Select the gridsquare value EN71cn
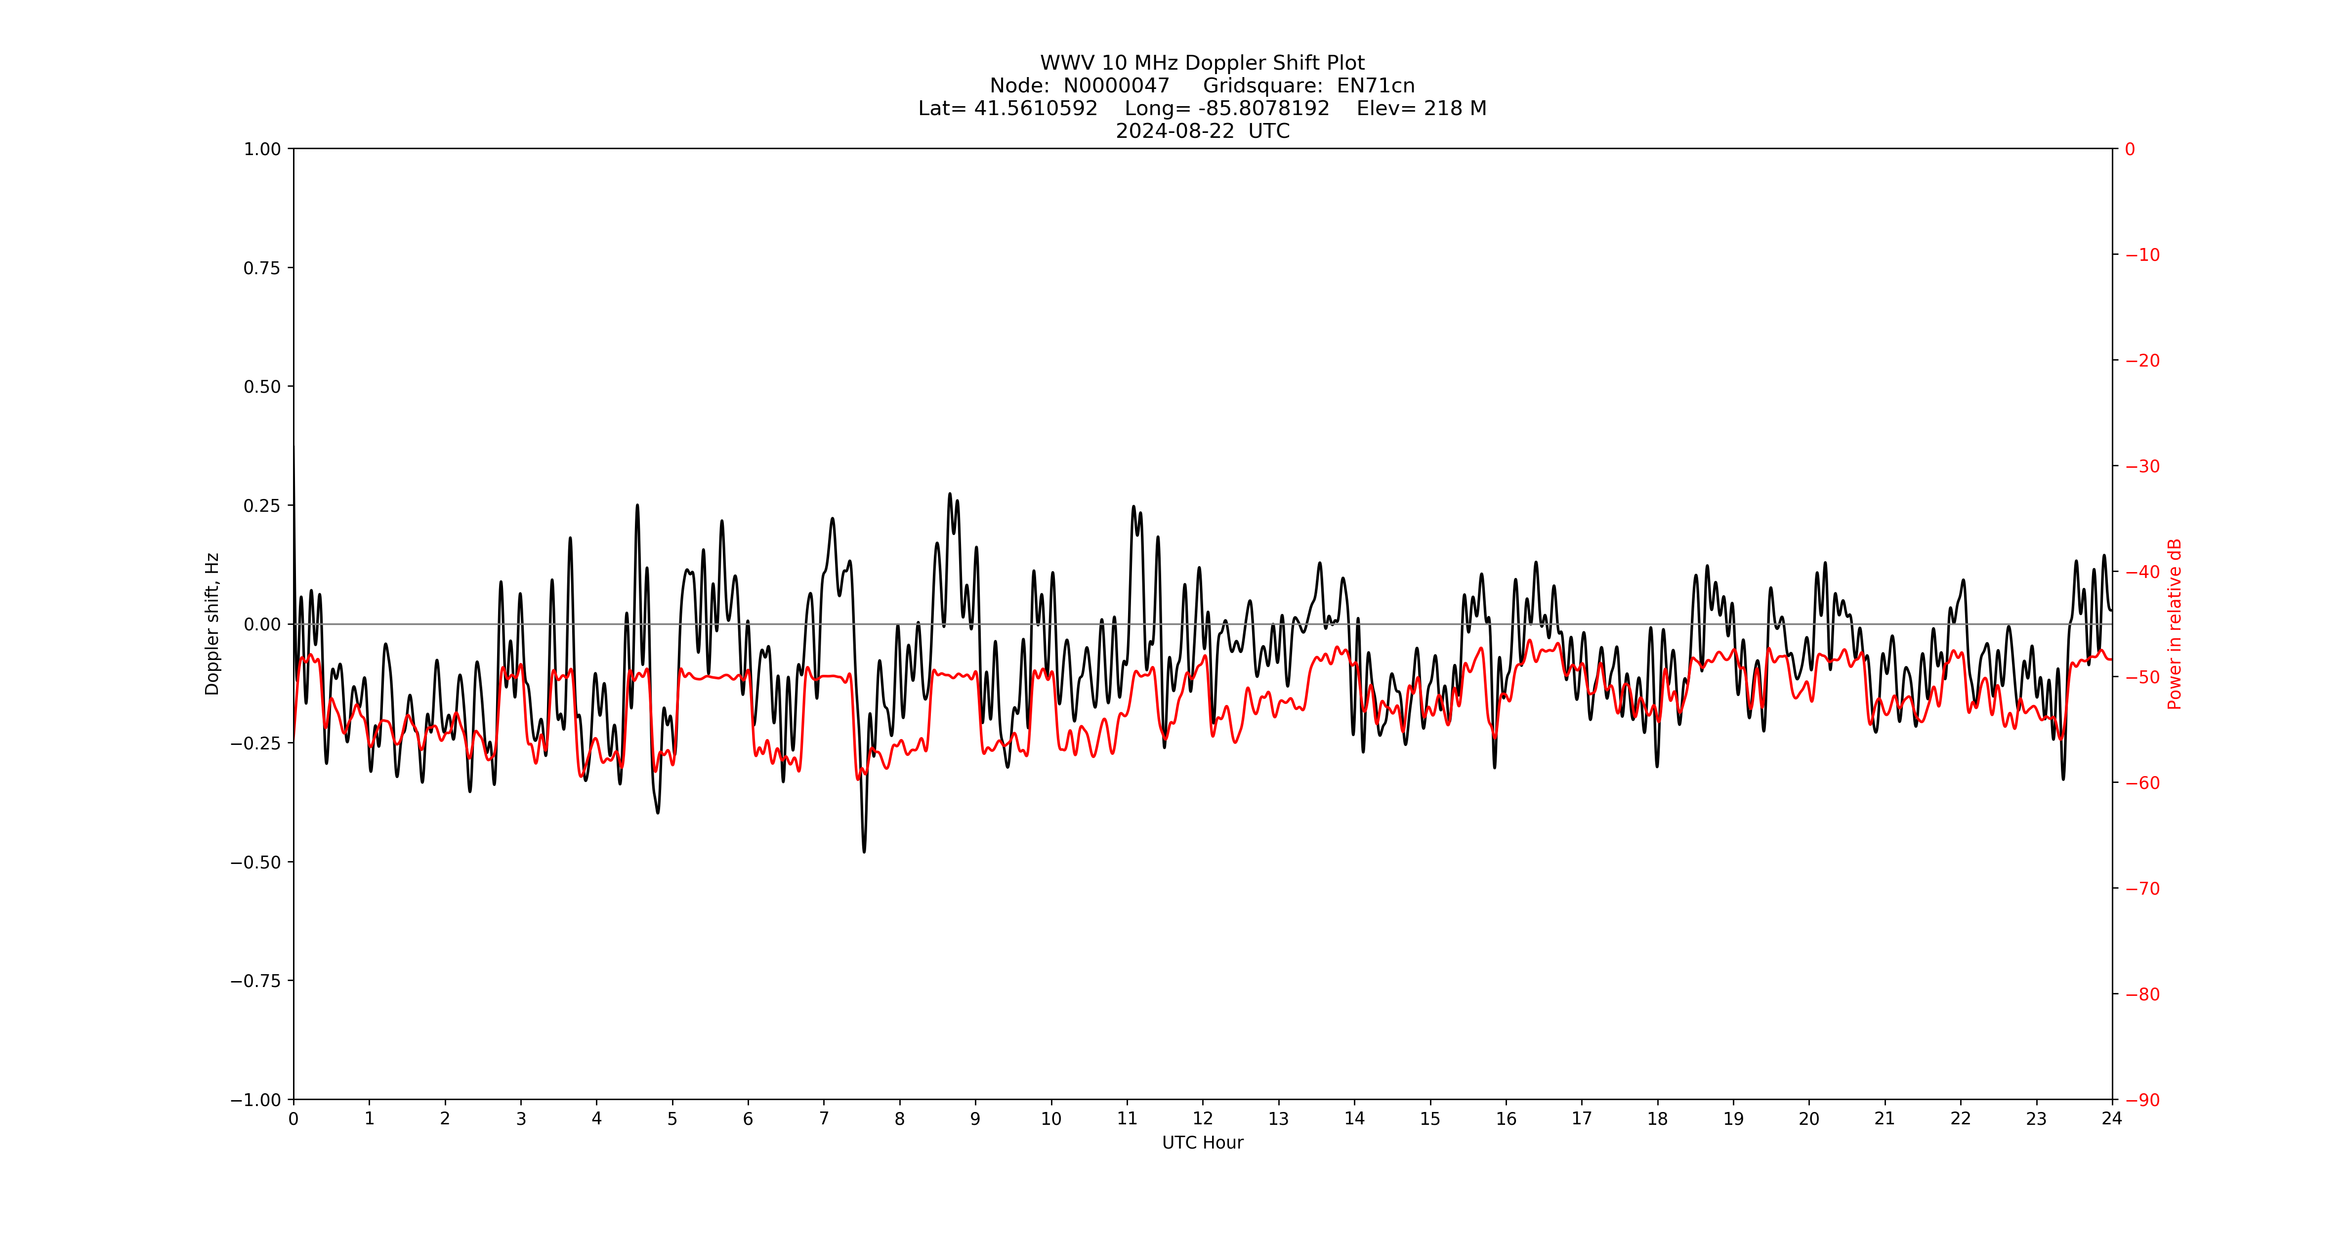pyautogui.click(x=1375, y=85)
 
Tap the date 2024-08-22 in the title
pyautogui.click(x=1174, y=131)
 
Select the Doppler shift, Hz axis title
pyautogui.click(x=212, y=624)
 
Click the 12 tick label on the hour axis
pyautogui.click(x=1203, y=1119)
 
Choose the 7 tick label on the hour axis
pyautogui.click(x=824, y=1119)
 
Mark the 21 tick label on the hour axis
pyautogui.click(x=1884, y=1119)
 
